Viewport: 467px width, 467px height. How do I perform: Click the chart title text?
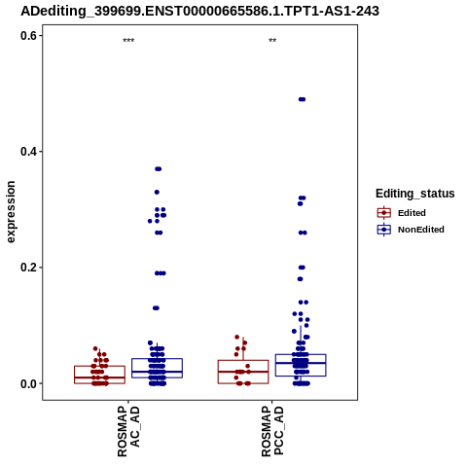click(199, 12)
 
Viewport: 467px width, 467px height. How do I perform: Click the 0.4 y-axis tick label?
click(28, 152)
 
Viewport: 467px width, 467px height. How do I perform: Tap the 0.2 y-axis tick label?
click(28, 268)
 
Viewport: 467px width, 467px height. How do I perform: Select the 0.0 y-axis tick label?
click(28, 383)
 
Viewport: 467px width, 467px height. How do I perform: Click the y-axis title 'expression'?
click(11, 212)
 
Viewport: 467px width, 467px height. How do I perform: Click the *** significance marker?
click(128, 41)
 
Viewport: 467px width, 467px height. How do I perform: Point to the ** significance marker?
click(272, 41)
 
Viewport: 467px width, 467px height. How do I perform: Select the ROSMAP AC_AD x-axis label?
click(128, 431)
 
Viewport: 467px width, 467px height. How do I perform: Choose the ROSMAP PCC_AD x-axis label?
click(272, 431)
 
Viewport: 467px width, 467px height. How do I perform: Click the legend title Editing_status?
click(415, 194)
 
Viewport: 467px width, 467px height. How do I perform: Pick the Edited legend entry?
click(402, 213)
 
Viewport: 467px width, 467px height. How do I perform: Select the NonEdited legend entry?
click(411, 230)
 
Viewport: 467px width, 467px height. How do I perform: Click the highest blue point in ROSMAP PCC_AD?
click(302, 99)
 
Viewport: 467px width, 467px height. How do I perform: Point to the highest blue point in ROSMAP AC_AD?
click(158, 168)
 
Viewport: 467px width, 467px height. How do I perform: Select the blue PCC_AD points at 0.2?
click(302, 268)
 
